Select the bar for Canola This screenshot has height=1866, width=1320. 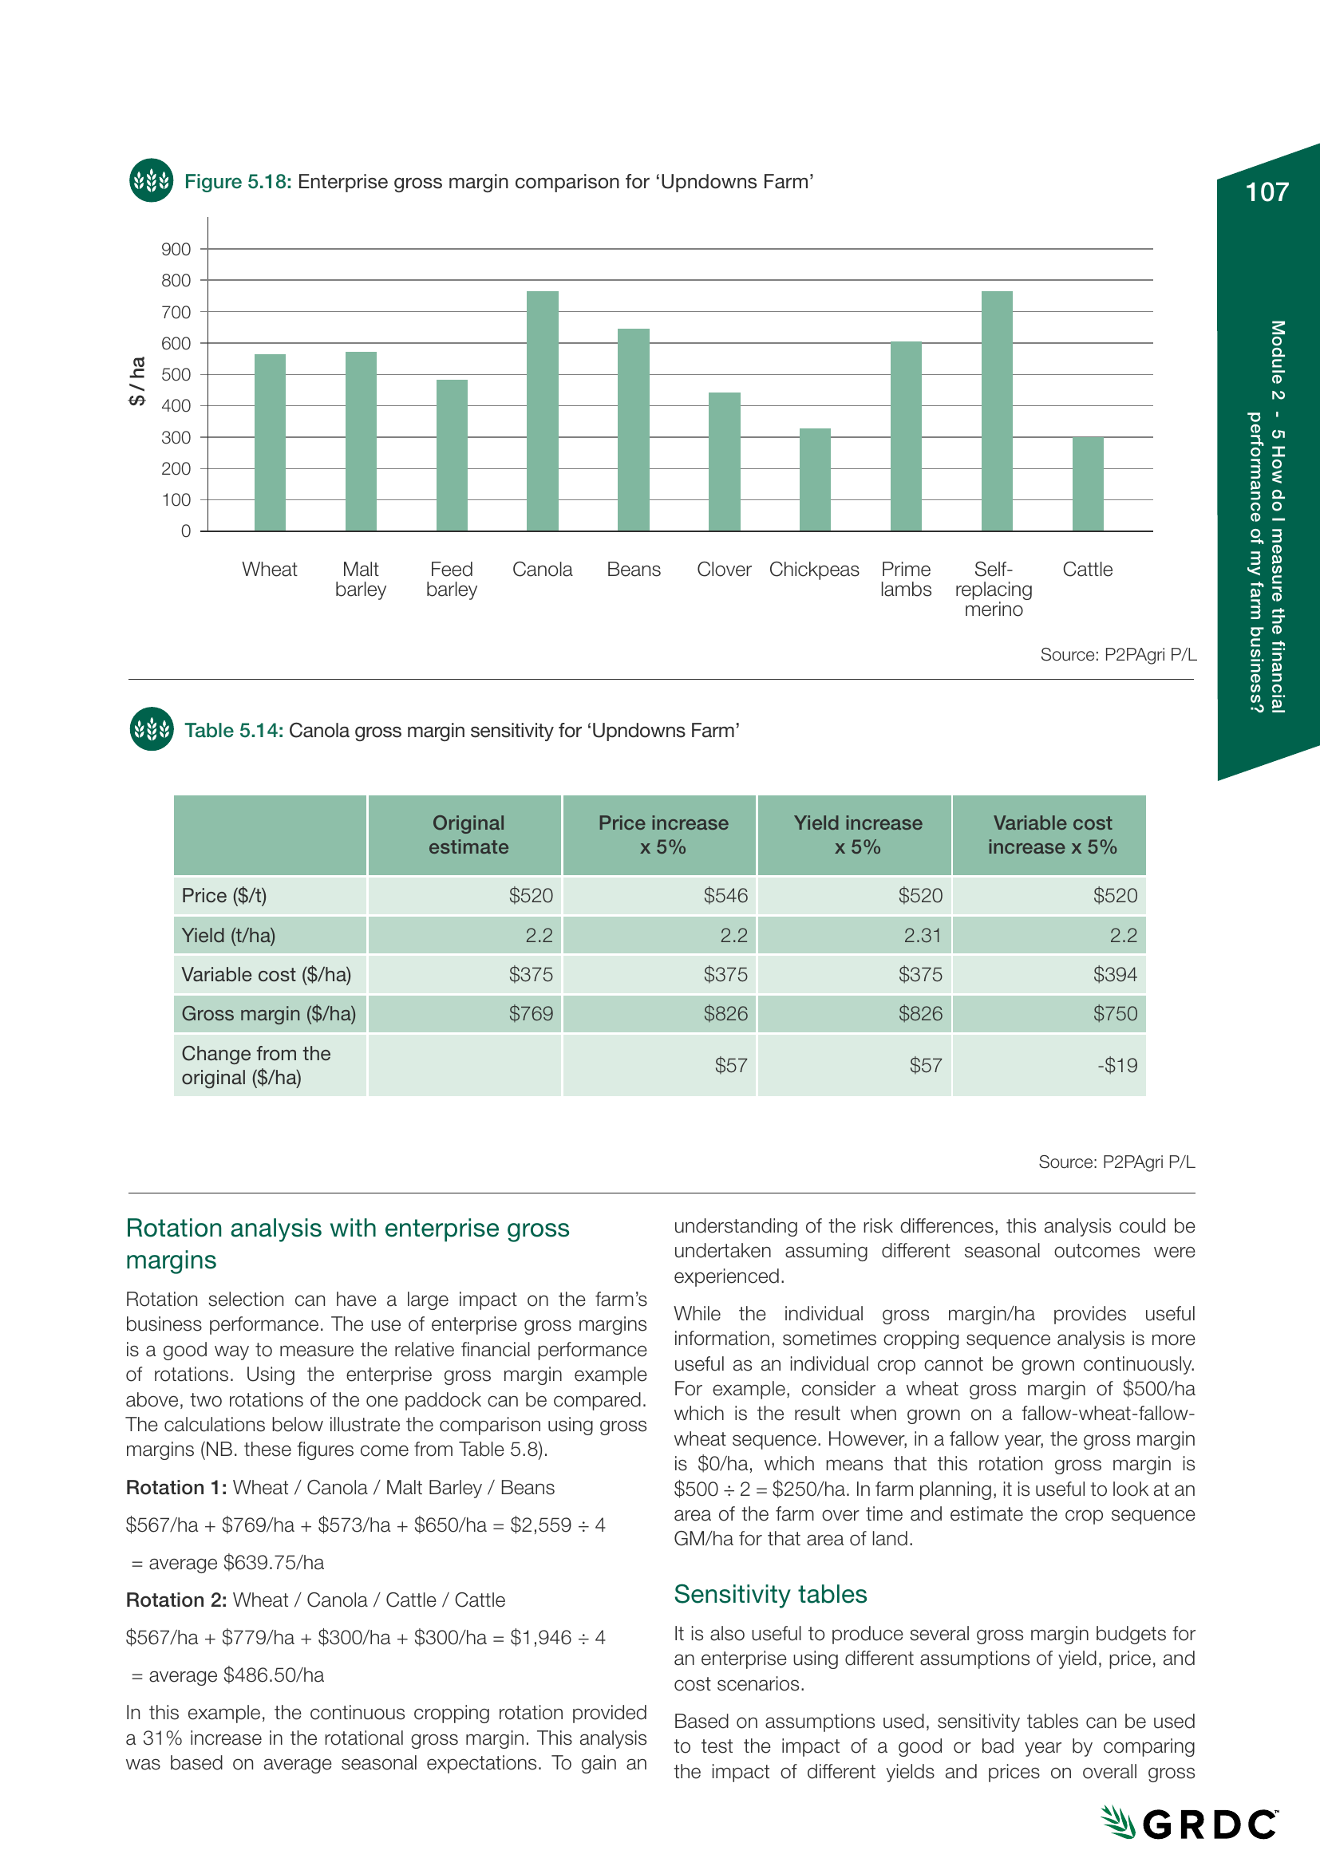pyautogui.click(x=542, y=411)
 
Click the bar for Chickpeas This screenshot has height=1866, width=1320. pyautogui.click(x=815, y=479)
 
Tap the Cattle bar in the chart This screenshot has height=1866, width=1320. pyautogui.click(x=1088, y=484)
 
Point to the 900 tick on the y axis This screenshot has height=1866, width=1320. pyautogui.click(x=176, y=250)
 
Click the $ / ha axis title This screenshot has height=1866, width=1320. pyautogui.click(x=137, y=381)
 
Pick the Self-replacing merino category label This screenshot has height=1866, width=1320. pyautogui.click(x=994, y=590)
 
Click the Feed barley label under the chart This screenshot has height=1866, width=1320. pyautogui.click(x=451, y=579)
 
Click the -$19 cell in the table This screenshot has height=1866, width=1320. pyautogui.click(x=1117, y=1066)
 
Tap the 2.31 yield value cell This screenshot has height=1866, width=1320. pyautogui.click(x=922, y=936)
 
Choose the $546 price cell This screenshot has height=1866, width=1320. pyautogui.click(x=725, y=896)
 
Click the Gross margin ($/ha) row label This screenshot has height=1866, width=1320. pyautogui.click(x=269, y=1014)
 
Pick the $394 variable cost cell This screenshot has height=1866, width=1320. pyautogui.click(x=1114, y=974)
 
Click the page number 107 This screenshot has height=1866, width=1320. pyautogui.click(x=1267, y=191)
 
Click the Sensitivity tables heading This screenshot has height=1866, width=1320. pyautogui.click(x=769, y=1595)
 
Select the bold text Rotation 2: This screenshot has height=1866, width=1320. pyautogui.click(x=176, y=1600)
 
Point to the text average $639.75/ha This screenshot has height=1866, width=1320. pyautogui.click(x=235, y=1563)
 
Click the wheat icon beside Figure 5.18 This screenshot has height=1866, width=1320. pyautogui.click(x=151, y=180)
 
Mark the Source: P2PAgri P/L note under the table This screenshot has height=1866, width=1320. pyautogui.click(x=1116, y=1162)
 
